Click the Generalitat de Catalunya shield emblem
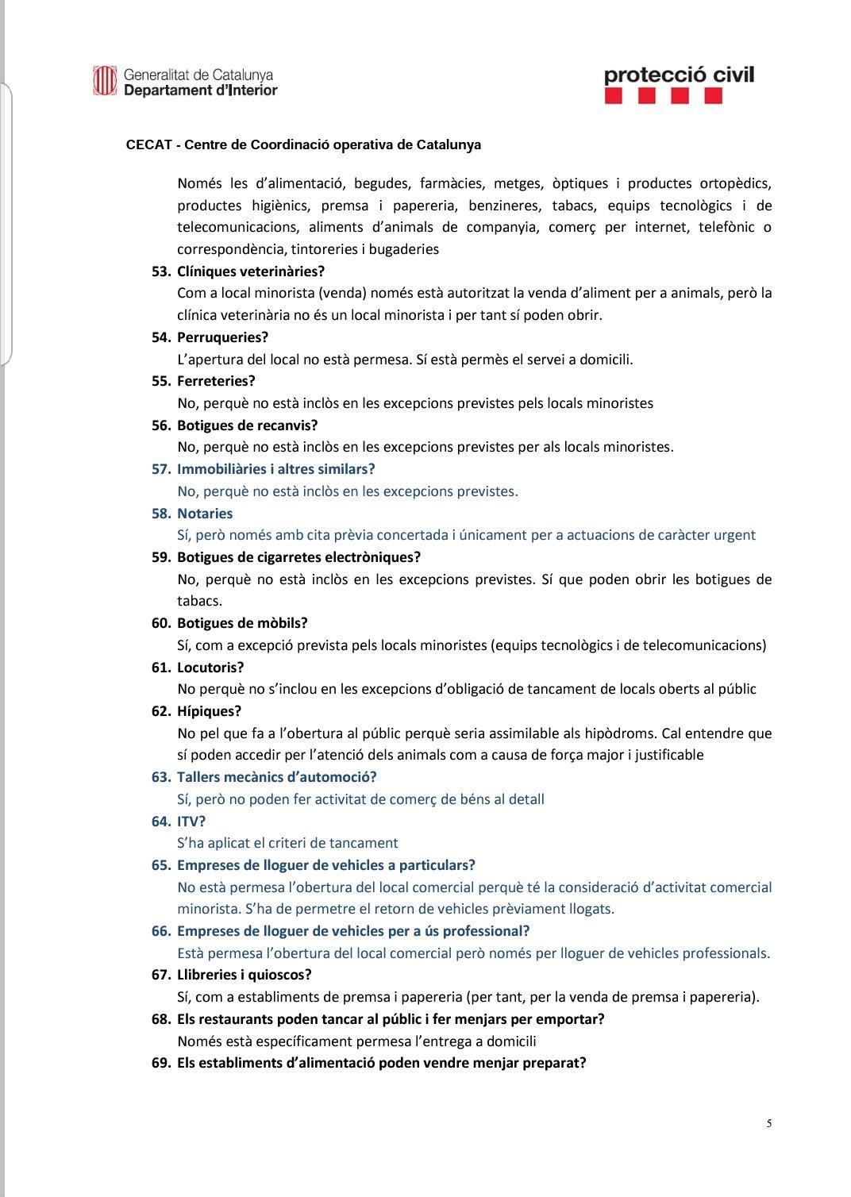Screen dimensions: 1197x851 click(x=105, y=82)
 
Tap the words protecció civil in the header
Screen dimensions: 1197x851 click(x=679, y=75)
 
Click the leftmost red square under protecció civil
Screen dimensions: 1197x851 click(x=613, y=97)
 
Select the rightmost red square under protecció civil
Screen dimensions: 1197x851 click(x=713, y=97)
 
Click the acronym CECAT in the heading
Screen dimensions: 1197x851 click(x=149, y=145)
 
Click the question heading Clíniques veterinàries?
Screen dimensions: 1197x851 click(x=251, y=271)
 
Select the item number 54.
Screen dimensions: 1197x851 click(x=160, y=337)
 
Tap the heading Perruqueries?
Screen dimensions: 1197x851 click(x=222, y=337)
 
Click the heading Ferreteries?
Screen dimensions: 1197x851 click(x=216, y=381)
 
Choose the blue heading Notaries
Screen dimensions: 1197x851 click(x=205, y=514)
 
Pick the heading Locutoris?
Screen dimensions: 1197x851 click(x=210, y=668)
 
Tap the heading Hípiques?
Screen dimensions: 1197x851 click(x=209, y=711)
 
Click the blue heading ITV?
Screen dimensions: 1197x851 click(x=191, y=822)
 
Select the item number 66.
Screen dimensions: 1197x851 click(x=160, y=931)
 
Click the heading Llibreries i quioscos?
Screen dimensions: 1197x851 click(x=244, y=975)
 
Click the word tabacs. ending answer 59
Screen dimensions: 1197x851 click(x=199, y=601)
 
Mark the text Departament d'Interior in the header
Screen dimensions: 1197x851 click(x=200, y=90)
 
